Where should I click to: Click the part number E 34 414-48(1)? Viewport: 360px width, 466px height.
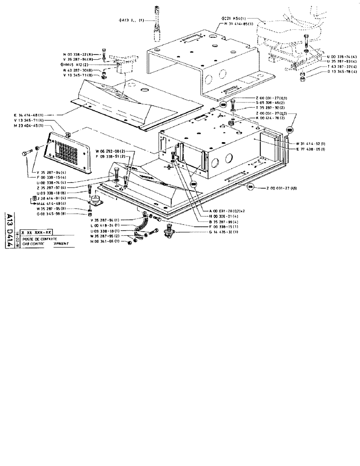(28, 115)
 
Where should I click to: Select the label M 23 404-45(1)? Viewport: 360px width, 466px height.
(28, 126)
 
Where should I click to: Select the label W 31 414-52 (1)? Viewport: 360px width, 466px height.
(311, 143)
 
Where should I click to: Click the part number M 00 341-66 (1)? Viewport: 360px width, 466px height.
(107, 241)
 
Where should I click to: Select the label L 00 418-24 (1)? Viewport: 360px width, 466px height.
(106, 226)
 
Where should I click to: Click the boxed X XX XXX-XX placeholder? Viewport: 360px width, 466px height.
(36, 232)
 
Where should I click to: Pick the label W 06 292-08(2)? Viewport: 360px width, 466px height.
(110, 151)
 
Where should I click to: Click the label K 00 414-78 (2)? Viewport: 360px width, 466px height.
(270, 118)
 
